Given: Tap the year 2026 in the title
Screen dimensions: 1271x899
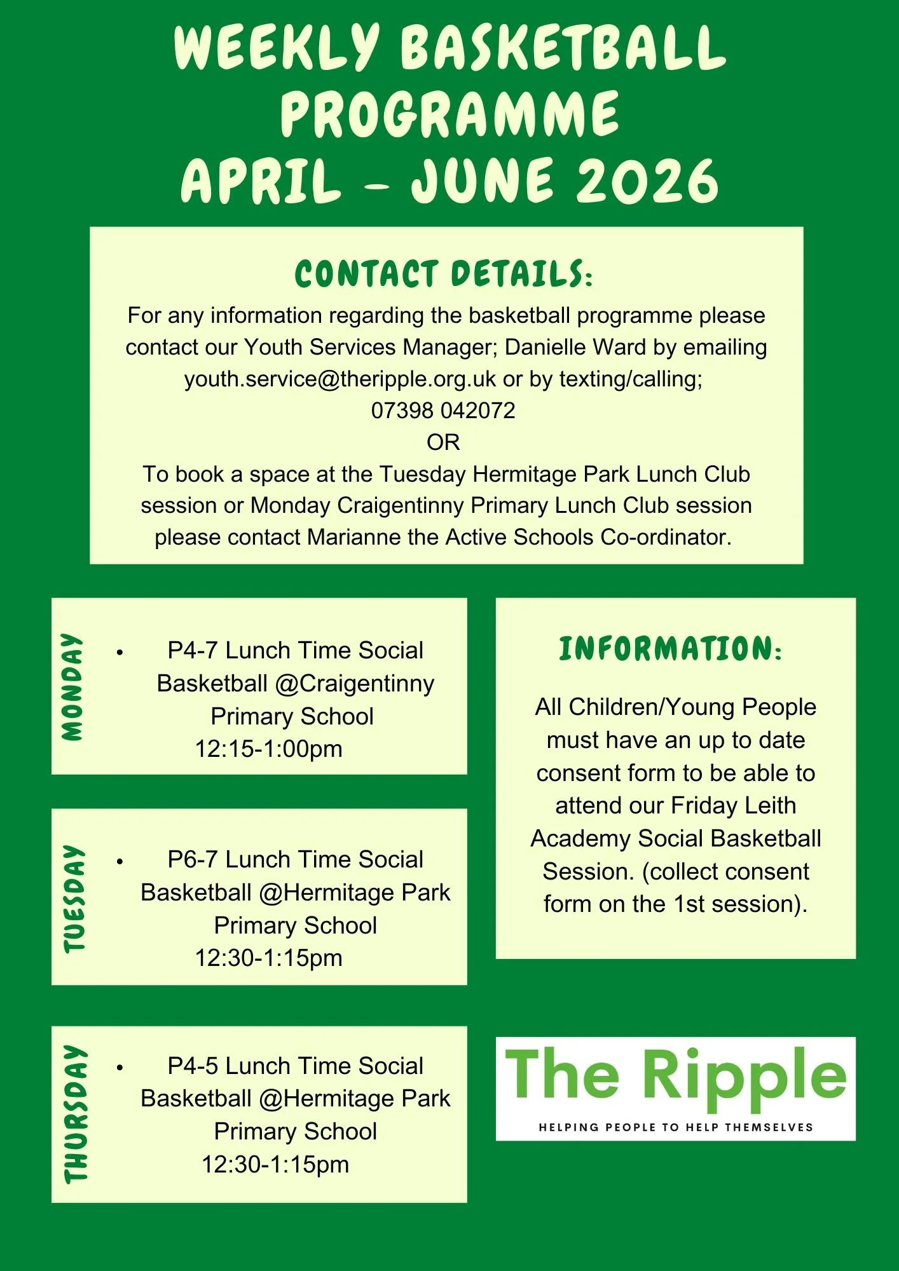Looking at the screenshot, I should (x=647, y=181).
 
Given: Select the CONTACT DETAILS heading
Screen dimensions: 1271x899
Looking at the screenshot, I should (x=444, y=274).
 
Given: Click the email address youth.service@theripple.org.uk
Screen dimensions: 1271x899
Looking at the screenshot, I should (x=340, y=379).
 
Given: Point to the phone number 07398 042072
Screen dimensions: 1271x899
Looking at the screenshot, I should (x=443, y=411).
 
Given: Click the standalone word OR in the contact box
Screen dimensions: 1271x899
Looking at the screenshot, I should (x=443, y=442).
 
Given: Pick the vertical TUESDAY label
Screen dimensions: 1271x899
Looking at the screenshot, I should (x=74, y=898).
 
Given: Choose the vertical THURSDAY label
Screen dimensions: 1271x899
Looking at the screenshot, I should (x=76, y=1113).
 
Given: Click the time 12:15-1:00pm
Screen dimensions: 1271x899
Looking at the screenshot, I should (x=268, y=749).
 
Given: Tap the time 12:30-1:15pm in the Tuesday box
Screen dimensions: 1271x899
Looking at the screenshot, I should (x=268, y=958).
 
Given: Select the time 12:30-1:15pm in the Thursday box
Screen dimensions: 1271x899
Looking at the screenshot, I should (x=275, y=1164).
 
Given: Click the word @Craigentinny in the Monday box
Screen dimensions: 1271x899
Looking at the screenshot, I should (x=355, y=683).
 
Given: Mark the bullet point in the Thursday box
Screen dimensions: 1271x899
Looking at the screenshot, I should (x=120, y=1068).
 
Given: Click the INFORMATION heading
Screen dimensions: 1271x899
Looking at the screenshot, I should (x=670, y=649).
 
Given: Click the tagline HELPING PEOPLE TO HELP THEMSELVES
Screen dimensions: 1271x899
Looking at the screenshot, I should (x=676, y=1127).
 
